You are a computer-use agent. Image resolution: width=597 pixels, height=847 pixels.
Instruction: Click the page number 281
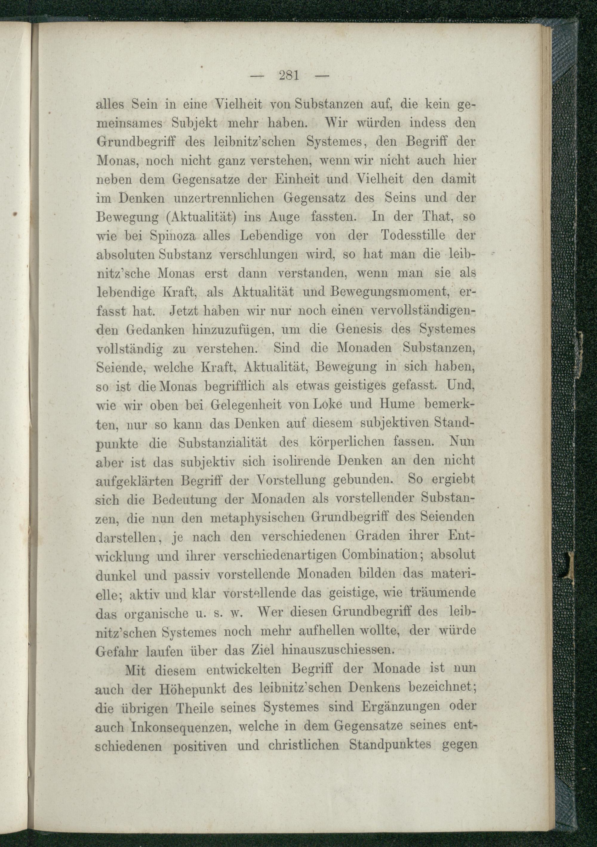click(x=289, y=76)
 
